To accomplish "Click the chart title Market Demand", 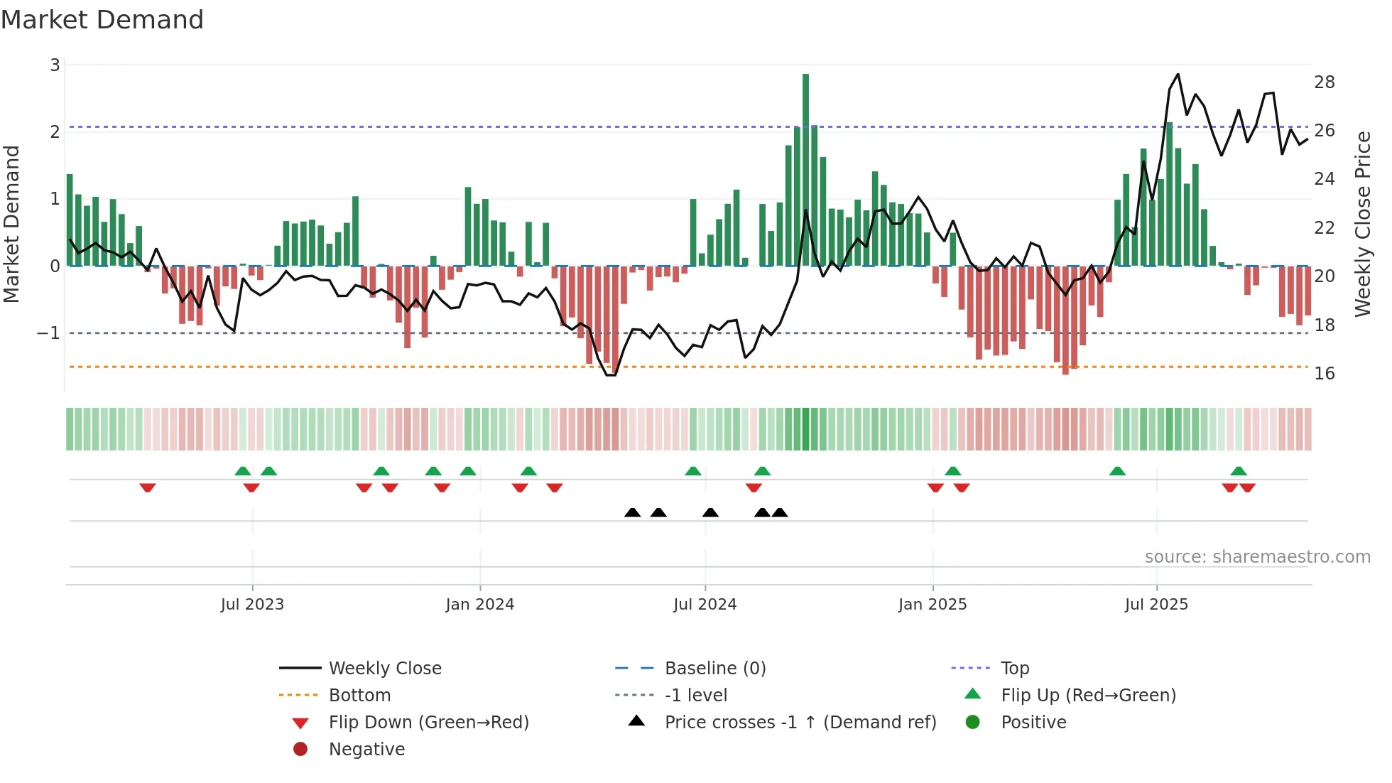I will (102, 20).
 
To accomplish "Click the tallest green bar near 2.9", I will (805, 171).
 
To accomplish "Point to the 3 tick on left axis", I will (55, 65).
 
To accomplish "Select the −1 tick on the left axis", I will (48, 333).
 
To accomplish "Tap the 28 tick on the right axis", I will (1325, 82).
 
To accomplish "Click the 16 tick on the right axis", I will (1325, 374).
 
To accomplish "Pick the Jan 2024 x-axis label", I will (479, 605).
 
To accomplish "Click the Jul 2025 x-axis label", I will (1156, 605).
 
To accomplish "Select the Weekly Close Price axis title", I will (1363, 224).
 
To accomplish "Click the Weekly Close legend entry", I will (384, 669).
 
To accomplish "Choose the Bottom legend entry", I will (359, 696).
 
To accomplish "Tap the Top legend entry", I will (1015, 669).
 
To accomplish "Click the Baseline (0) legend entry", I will (715, 669).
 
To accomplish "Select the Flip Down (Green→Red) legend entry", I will (428, 723).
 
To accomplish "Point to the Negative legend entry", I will (366, 750).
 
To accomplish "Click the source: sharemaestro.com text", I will (1257, 557).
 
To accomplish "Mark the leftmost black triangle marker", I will (632, 513).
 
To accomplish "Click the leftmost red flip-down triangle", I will (148, 487).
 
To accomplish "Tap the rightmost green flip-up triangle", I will (1239, 471).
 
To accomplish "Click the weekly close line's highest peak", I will (1178, 74).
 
